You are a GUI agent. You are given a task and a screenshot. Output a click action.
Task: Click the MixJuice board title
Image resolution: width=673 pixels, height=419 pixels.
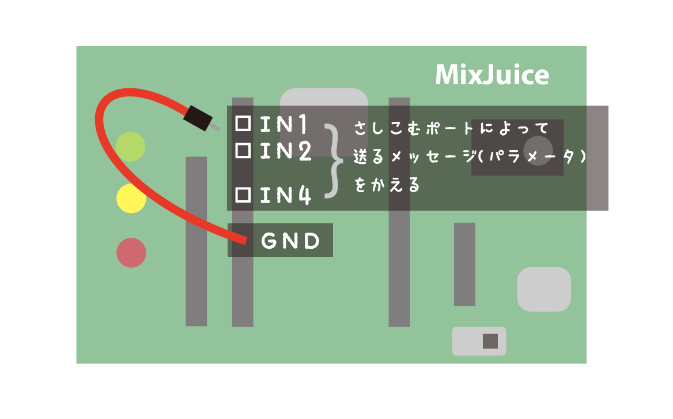tap(492, 75)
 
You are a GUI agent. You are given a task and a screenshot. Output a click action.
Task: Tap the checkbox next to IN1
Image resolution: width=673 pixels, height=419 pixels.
tap(243, 124)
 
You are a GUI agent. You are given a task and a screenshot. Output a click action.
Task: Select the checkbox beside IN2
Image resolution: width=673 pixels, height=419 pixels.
tap(243, 151)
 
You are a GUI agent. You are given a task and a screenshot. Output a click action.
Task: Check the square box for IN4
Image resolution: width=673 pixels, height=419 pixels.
tap(243, 194)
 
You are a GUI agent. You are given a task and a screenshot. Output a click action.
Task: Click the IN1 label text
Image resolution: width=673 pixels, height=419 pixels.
tap(283, 124)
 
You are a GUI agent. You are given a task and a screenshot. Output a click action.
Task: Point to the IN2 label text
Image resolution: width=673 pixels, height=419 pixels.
tap(286, 151)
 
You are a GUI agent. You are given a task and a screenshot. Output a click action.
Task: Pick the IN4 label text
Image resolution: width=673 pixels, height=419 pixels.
tap(285, 195)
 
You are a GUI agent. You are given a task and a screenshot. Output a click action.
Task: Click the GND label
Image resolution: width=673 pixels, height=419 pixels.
tap(290, 241)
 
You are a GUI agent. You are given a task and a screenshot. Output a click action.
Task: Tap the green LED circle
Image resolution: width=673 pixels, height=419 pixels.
tap(130, 147)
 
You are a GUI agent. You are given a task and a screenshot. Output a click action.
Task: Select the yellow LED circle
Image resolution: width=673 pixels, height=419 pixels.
tap(131, 199)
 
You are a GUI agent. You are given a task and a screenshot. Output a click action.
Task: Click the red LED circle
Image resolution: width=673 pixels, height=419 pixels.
tap(131, 253)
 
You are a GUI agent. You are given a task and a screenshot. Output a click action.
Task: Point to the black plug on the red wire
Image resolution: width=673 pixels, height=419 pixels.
tap(198, 118)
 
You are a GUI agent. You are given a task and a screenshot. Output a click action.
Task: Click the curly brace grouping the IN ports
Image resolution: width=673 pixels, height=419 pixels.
tap(334, 161)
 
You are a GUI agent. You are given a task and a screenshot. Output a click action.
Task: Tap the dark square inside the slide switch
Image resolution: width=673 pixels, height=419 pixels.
tap(490, 341)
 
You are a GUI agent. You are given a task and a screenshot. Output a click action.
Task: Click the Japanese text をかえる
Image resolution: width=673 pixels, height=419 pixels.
tap(387, 185)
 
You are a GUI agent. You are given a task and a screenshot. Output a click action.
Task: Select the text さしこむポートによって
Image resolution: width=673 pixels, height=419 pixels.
tap(451, 128)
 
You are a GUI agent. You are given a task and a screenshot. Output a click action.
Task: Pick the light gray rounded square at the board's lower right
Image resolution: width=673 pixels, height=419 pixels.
tap(544, 289)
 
